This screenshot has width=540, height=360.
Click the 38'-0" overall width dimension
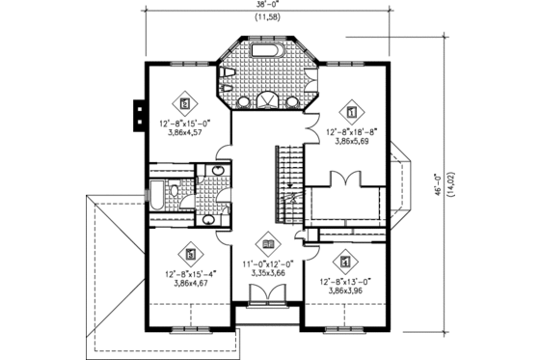(269, 5)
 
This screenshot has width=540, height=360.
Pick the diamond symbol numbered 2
(185, 101)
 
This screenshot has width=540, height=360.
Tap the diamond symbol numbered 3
(193, 254)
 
